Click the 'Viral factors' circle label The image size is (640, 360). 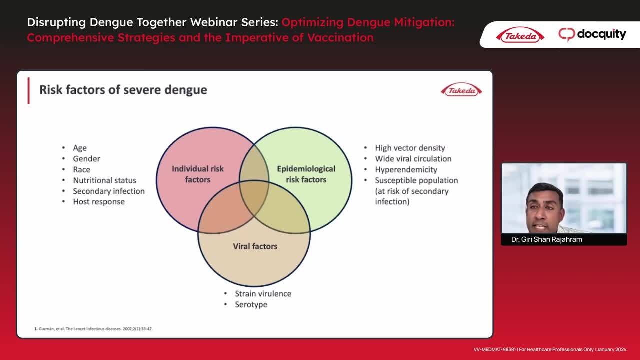(255, 246)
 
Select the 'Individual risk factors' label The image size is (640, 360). (197, 174)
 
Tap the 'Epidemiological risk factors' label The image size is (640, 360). (306, 174)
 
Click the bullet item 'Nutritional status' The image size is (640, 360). (104, 180)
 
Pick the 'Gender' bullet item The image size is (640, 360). (86, 159)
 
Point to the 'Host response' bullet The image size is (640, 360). (99, 202)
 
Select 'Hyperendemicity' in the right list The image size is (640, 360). (406, 170)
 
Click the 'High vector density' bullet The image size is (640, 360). (410, 148)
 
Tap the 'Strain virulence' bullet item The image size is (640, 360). (263, 293)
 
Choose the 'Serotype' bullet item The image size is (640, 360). (251, 305)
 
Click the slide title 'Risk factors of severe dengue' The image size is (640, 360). (123, 90)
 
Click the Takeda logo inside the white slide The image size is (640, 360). (461, 90)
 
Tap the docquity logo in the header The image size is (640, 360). (592, 34)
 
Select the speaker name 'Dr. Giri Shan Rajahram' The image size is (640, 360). (546, 239)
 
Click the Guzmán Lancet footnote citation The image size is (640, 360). (93, 329)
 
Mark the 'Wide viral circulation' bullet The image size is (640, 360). (413, 159)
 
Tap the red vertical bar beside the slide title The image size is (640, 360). (28, 91)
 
